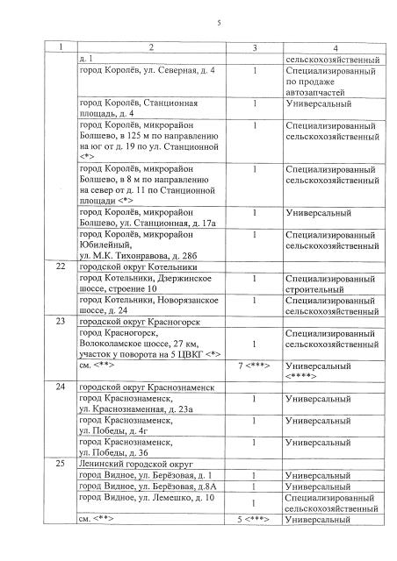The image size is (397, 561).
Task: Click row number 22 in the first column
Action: click(60, 265)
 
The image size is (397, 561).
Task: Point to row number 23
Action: click(60, 321)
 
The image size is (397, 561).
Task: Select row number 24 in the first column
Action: click(60, 386)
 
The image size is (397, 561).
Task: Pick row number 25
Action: click(60, 463)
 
